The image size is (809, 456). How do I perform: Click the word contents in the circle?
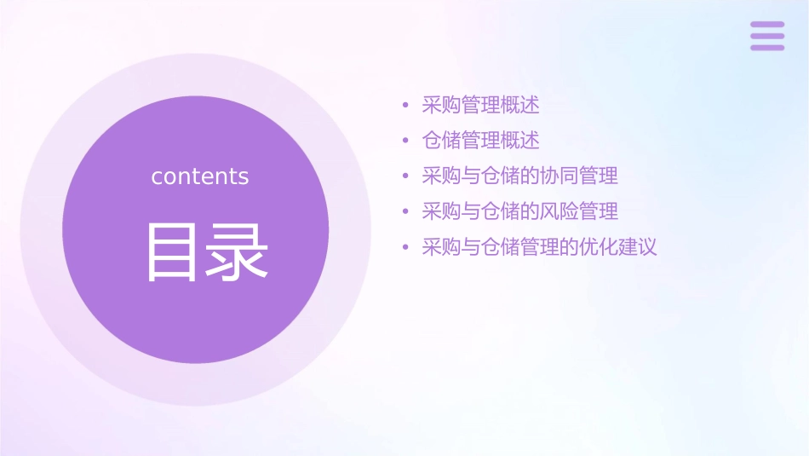200,176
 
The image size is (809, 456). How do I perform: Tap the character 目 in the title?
173,252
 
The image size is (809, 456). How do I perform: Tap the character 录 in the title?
238,252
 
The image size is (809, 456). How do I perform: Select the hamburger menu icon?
767,36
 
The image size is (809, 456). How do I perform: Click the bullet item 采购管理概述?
480,106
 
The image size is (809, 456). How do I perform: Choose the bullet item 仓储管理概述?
480,141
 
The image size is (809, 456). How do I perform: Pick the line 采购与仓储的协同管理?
519,176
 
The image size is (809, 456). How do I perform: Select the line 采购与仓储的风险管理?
519,211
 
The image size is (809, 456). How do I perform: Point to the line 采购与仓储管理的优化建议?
539,248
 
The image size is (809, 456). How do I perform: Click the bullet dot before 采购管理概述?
405,107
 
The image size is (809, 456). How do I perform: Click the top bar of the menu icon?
767,25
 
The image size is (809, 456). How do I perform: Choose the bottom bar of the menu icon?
767,47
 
